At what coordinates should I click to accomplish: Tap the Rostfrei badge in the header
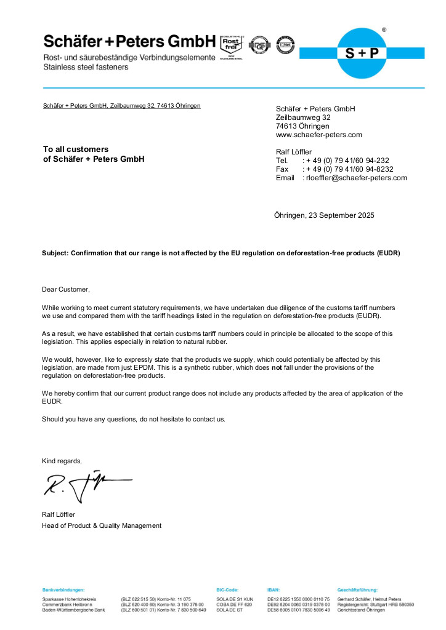[231, 45]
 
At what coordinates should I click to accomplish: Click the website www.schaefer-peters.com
[318, 135]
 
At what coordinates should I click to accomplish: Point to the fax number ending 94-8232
[352, 169]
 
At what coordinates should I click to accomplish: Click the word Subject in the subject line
[55, 253]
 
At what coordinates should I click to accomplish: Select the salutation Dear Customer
[66, 289]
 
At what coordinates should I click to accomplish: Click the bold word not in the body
[277, 367]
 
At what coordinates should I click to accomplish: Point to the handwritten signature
[83, 485]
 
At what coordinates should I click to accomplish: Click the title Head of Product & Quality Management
[102, 525]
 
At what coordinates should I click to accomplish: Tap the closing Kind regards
[62, 461]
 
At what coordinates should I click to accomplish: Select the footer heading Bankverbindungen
[63, 589]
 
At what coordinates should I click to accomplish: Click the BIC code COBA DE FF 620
[234, 604]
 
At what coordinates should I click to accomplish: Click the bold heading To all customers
[76, 150]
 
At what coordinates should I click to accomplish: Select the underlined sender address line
[121, 106]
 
